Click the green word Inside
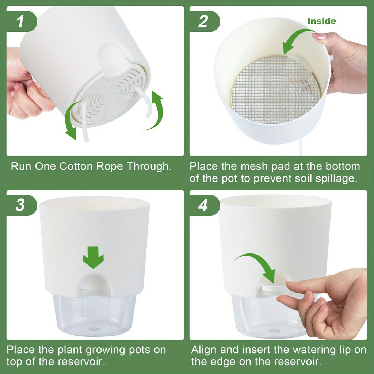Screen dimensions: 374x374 (x=321, y=21)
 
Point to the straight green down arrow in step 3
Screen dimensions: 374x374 (x=93, y=257)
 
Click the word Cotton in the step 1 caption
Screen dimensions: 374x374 (x=76, y=167)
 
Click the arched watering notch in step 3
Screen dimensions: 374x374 (x=94, y=283)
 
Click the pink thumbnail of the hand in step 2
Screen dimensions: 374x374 (x=318, y=36)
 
